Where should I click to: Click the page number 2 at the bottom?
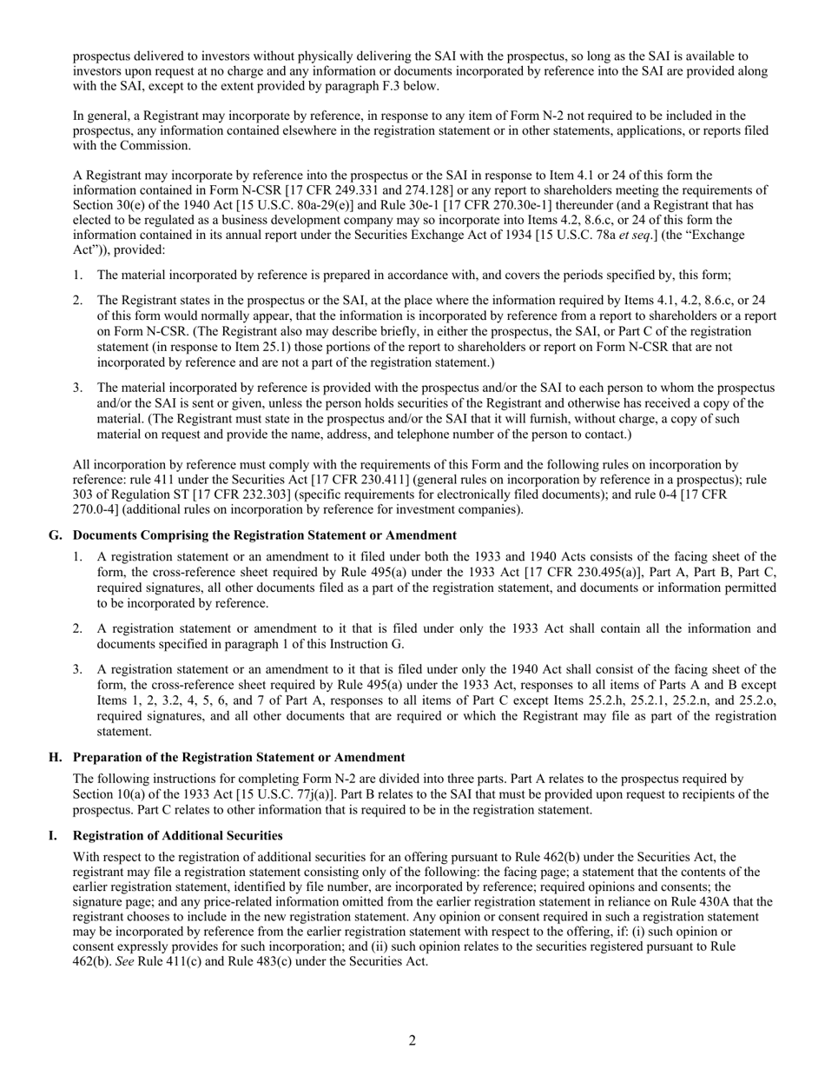[x=412, y=1041]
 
